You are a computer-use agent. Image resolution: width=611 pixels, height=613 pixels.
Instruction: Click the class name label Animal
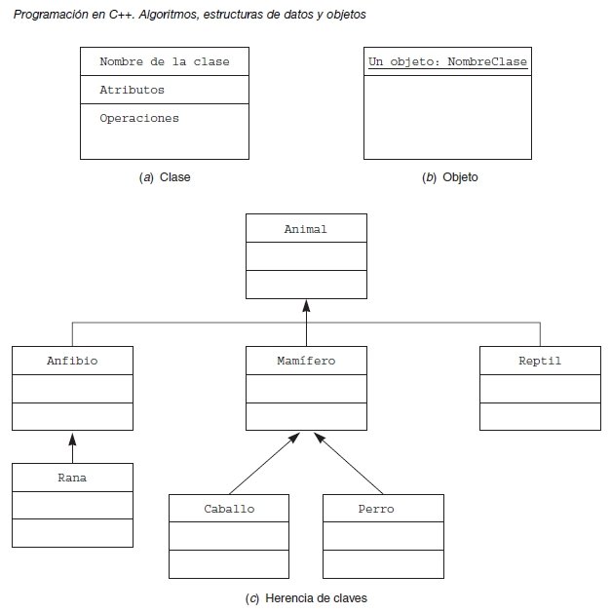coord(306,230)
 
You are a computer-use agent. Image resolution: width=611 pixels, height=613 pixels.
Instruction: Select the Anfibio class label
coord(72,362)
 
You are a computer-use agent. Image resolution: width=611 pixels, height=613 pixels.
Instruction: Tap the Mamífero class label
coord(306,362)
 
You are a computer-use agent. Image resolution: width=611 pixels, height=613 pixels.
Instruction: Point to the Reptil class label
coord(540,362)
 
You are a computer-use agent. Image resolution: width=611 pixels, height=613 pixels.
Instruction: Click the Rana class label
coord(72,478)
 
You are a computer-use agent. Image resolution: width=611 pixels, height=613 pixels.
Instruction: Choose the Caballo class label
coord(229,509)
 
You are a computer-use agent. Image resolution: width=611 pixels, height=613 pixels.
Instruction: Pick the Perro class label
coord(383,509)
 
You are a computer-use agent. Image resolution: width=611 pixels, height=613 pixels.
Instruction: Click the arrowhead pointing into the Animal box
coord(306,305)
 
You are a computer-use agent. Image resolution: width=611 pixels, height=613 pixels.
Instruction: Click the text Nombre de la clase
coord(165,62)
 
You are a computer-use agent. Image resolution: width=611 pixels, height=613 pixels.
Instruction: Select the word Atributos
coord(132,90)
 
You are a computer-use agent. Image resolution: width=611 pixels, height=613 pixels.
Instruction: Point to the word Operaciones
coord(139,118)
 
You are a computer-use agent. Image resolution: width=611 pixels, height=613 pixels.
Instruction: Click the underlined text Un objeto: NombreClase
coord(447,62)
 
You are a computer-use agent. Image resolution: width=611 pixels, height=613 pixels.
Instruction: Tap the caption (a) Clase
coord(165,177)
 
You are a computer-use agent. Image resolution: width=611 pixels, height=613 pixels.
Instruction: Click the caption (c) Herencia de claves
coord(306,597)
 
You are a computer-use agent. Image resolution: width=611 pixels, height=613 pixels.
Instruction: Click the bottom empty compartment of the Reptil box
coord(540,416)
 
